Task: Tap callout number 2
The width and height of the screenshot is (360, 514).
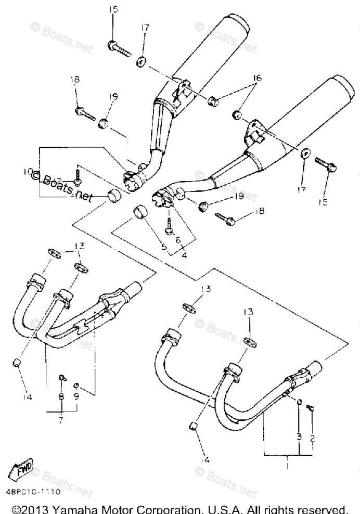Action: click(312, 439)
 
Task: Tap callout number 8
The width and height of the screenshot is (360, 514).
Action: click(61, 397)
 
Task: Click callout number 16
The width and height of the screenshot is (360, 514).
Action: click(256, 78)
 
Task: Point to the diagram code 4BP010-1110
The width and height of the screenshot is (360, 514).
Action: click(33, 491)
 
